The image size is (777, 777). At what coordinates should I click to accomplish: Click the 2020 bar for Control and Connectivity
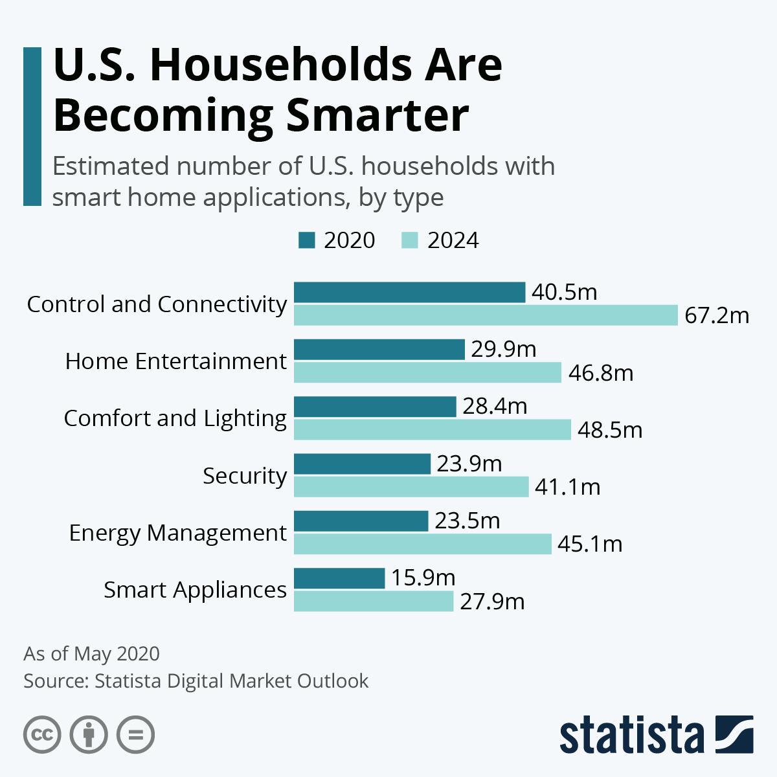[x=409, y=292]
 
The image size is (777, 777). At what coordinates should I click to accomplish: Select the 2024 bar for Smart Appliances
[x=374, y=602]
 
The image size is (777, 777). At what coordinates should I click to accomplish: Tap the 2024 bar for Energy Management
[x=422, y=544]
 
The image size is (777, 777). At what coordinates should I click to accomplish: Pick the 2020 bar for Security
[x=362, y=464]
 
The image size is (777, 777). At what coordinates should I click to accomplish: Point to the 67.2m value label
[x=717, y=315]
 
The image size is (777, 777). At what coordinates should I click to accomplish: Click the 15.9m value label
[x=423, y=578]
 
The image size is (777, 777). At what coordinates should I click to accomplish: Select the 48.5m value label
[x=609, y=430]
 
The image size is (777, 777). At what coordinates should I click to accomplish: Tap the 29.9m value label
[x=504, y=350]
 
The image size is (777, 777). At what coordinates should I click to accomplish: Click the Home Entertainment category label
[x=175, y=361]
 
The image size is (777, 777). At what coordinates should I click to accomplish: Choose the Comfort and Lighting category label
[x=175, y=418]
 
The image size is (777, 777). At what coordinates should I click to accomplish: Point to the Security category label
[x=244, y=476]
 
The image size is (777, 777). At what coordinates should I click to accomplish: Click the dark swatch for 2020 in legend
[x=306, y=240]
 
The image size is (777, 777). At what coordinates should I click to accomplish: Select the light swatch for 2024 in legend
[x=410, y=240]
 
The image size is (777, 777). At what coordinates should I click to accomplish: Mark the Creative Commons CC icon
[x=42, y=734]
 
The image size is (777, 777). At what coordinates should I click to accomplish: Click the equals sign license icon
[x=135, y=734]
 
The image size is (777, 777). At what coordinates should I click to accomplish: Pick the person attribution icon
[x=89, y=734]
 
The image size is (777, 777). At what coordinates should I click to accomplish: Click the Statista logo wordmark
[x=632, y=735]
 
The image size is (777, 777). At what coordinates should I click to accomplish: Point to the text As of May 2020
[x=91, y=653]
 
